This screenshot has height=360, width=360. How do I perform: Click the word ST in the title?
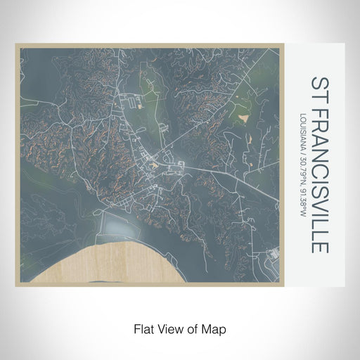click(x=318, y=88)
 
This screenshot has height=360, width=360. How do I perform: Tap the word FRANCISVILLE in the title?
click(x=318, y=179)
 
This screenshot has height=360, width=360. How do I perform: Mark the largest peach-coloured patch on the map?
click(x=243, y=110)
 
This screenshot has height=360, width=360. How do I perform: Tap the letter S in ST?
click(x=318, y=82)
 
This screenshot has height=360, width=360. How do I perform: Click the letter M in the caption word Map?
click(x=210, y=328)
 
